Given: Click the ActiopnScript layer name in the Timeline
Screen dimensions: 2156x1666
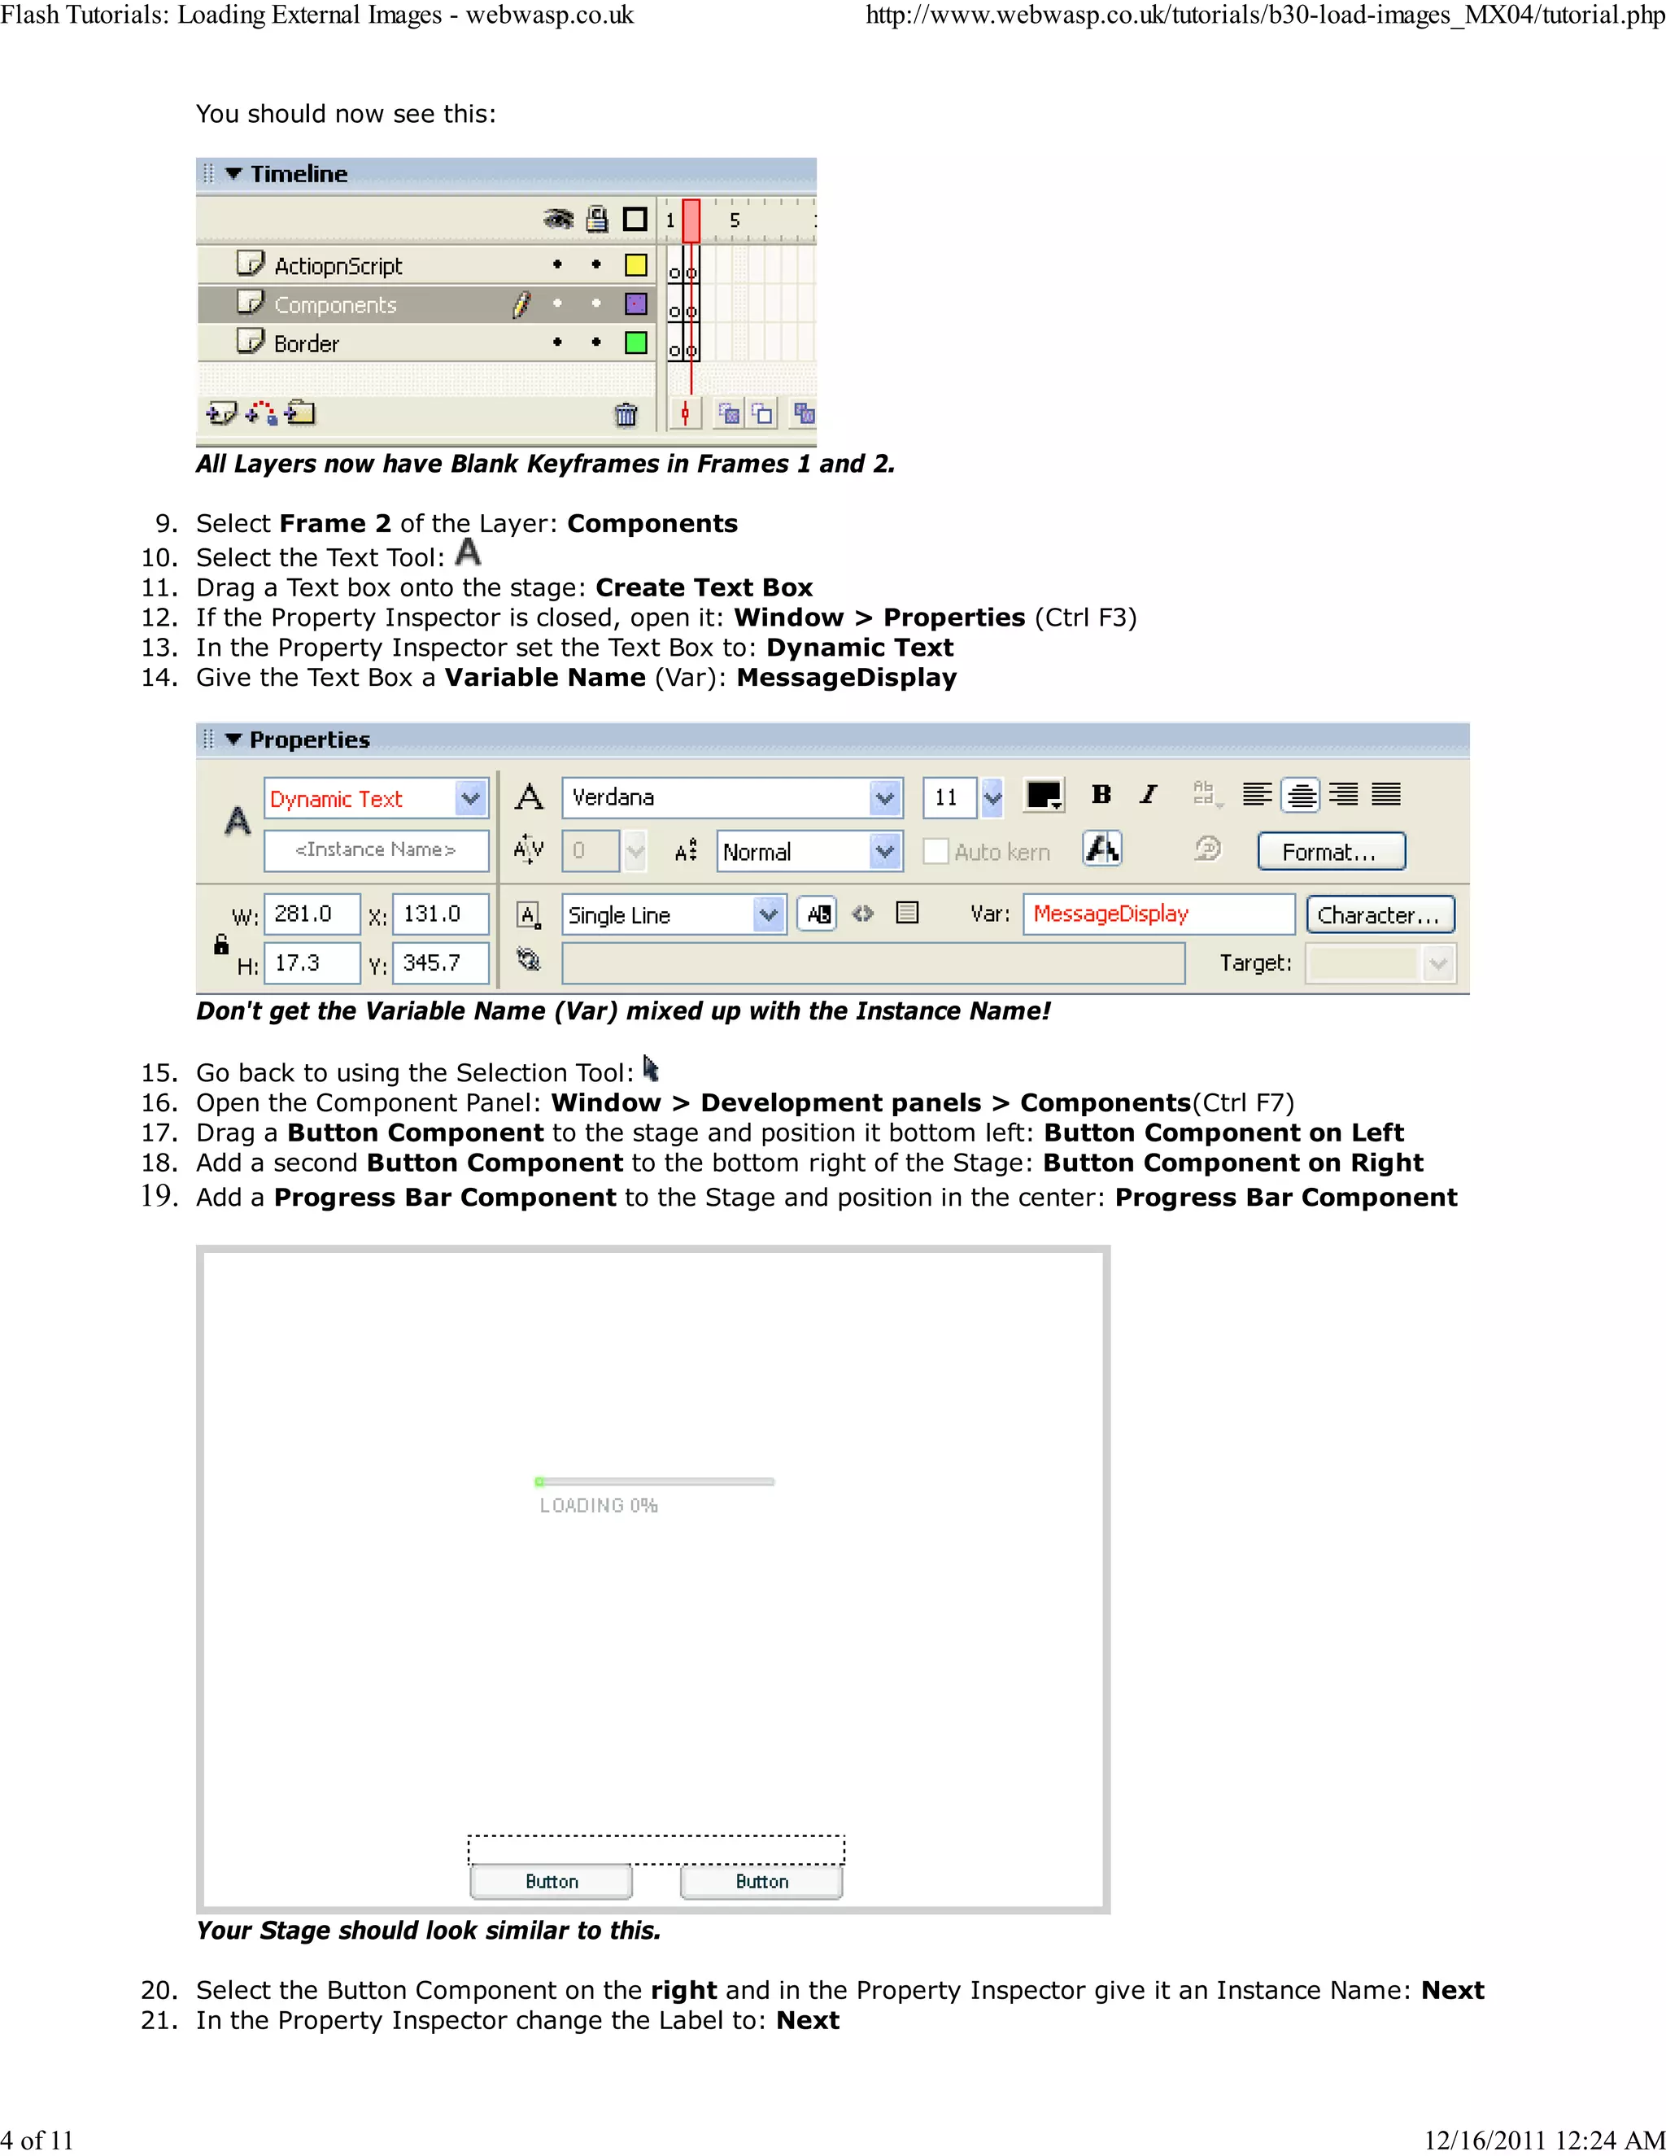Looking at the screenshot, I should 338,265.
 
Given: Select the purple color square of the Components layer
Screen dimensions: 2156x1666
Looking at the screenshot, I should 635,304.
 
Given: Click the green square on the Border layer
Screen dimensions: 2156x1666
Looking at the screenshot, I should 635,343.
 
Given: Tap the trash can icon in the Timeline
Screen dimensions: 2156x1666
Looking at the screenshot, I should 626,415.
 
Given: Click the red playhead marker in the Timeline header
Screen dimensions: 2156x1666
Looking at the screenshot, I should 691,219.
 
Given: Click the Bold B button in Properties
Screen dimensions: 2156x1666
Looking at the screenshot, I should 1101,795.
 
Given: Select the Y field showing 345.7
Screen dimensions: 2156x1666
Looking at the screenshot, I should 439,963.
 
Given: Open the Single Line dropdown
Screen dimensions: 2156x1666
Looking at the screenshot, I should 768,915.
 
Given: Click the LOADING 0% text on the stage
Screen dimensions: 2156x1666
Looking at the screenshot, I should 598,1505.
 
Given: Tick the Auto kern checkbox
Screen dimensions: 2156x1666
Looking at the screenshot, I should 935,852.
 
